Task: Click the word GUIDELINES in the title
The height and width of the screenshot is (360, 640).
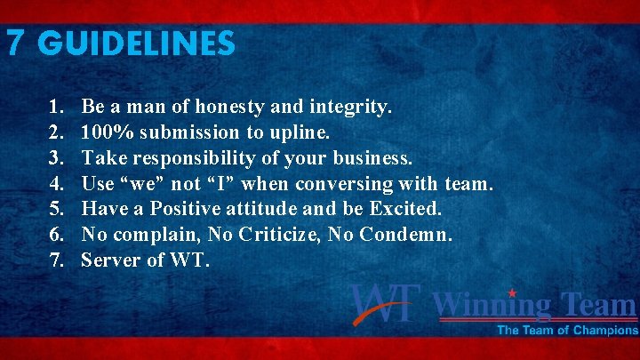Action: click(x=138, y=44)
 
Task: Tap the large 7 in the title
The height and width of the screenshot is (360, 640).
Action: click(x=15, y=44)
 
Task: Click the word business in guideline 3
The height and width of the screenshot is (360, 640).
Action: click(x=374, y=159)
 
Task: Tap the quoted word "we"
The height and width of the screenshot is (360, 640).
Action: click(x=145, y=184)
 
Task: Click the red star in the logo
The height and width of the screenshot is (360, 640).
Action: click(x=513, y=293)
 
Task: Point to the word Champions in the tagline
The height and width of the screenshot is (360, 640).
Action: click(x=605, y=331)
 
